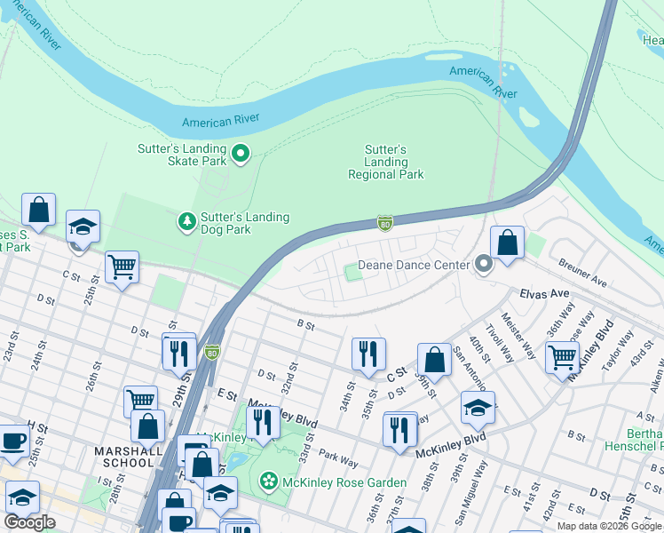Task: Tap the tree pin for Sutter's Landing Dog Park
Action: [186, 220]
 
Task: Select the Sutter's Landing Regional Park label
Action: [385, 163]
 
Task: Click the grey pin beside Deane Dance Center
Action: [483, 264]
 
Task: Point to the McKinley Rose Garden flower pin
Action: [267, 481]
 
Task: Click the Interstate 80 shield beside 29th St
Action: [211, 353]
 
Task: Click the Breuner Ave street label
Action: [582, 272]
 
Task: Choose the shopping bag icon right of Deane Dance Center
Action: [506, 242]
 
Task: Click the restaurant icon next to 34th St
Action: [368, 353]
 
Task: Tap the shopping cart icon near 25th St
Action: [122, 266]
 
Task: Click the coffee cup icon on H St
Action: [13, 440]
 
